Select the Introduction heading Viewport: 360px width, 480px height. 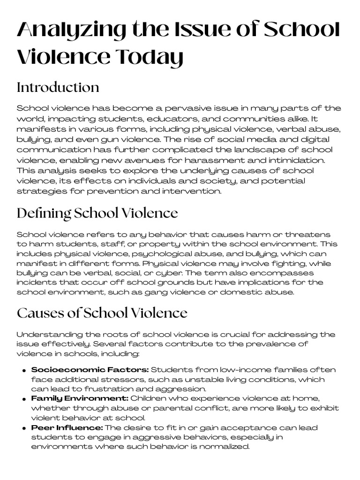[58, 88]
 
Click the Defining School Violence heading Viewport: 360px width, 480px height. [97, 214]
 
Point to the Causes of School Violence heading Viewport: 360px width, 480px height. [102, 313]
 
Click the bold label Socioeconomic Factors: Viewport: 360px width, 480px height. [90, 370]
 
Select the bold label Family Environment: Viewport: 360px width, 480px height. [80, 398]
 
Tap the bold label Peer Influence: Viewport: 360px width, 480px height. [67, 427]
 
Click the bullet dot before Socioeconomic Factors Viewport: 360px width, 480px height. [23, 371]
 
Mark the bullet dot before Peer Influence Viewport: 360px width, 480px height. [23, 428]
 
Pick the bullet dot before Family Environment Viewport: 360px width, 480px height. [23, 399]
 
